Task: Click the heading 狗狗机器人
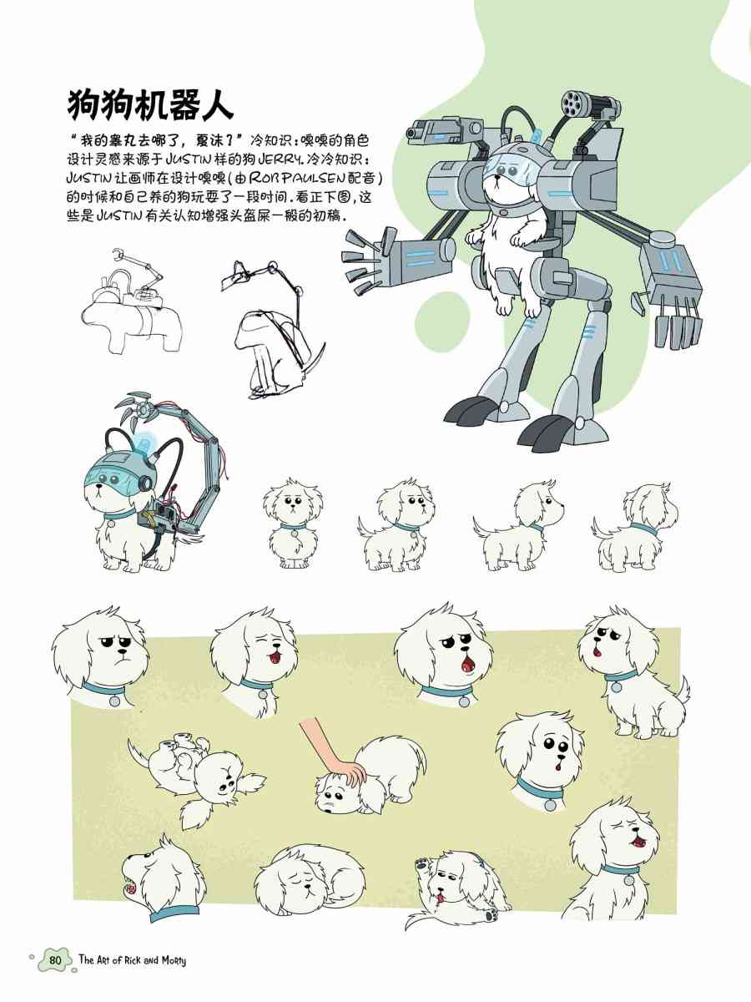(150, 105)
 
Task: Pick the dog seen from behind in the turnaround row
(635, 527)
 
